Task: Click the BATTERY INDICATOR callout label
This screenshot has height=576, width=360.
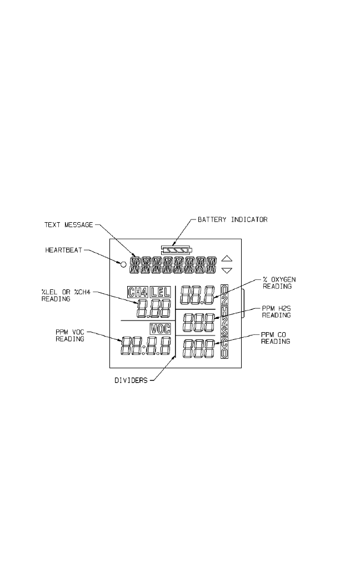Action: pyautogui.click(x=233, y=219)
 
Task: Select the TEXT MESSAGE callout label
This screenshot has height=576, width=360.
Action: pyautogui.click(x=68, y=225)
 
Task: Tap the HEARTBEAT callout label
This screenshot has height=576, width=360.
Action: pyautogui.click(x=63, y=251)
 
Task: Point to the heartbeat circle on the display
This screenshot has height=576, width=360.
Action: pyautogui.click(x=124, y=263)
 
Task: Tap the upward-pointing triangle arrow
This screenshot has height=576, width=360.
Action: pyautogui.click(x=226, y=258)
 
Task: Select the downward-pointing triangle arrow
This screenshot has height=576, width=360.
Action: pyautogui.click(x=226, y=271)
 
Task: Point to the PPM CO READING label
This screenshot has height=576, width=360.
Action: pyautogui.click(x=275, y=338)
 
